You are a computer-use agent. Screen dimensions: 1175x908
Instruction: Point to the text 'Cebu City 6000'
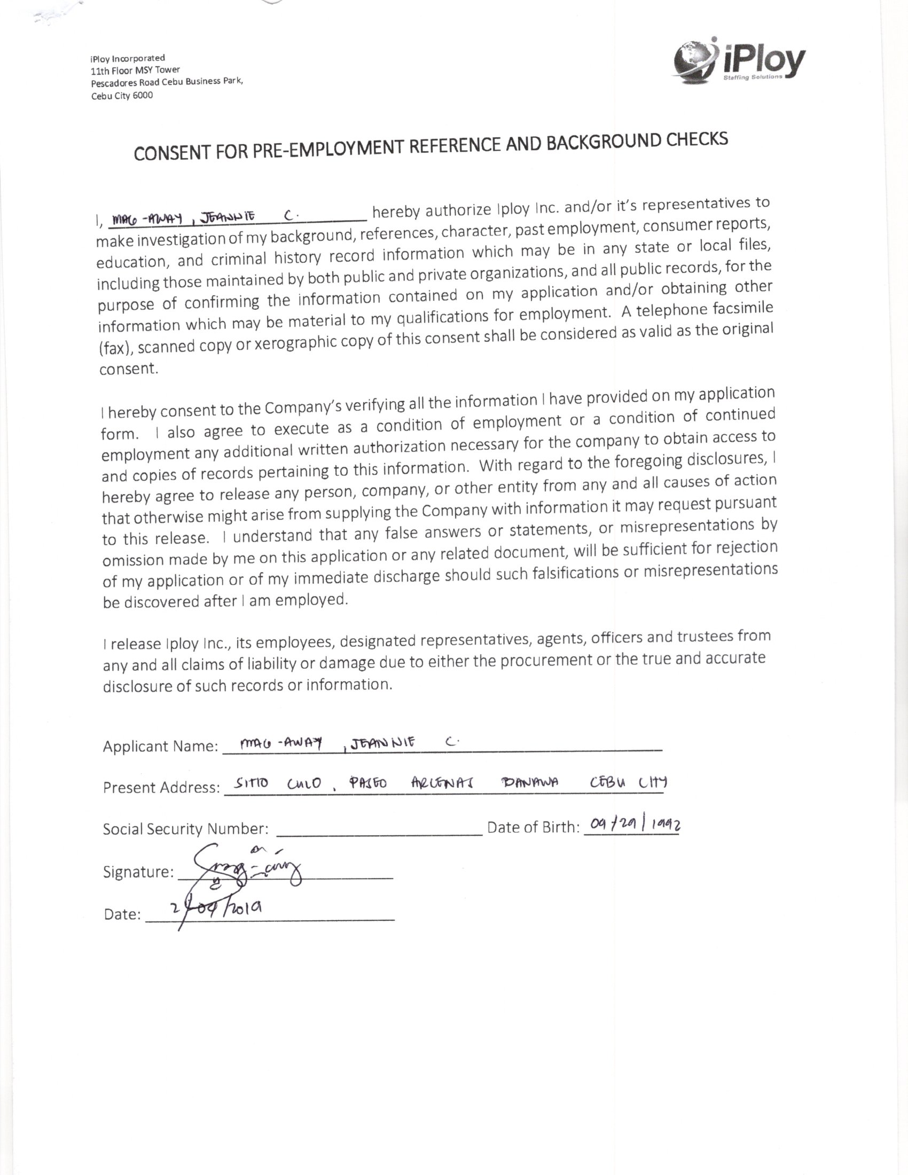click(122, 96)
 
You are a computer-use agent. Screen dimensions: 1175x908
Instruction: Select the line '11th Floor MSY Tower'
click(135, 70)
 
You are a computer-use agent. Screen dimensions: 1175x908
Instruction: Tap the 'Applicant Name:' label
click(160, 747)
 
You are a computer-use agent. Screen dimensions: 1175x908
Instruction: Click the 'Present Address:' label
click(161, 788)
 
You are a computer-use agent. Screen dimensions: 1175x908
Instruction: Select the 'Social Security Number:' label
click(185, 829)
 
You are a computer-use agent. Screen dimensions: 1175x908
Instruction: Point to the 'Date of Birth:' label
click(533, 827)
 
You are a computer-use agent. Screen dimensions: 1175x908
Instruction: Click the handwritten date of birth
click(635, 824)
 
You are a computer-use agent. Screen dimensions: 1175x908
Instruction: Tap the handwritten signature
click(247, 868)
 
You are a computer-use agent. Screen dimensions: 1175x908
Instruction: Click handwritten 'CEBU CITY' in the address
click(628, 783)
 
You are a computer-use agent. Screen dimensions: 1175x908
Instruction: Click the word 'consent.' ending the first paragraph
click(129, 369)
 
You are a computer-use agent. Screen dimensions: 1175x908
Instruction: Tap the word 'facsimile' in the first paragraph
click(742, 308)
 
